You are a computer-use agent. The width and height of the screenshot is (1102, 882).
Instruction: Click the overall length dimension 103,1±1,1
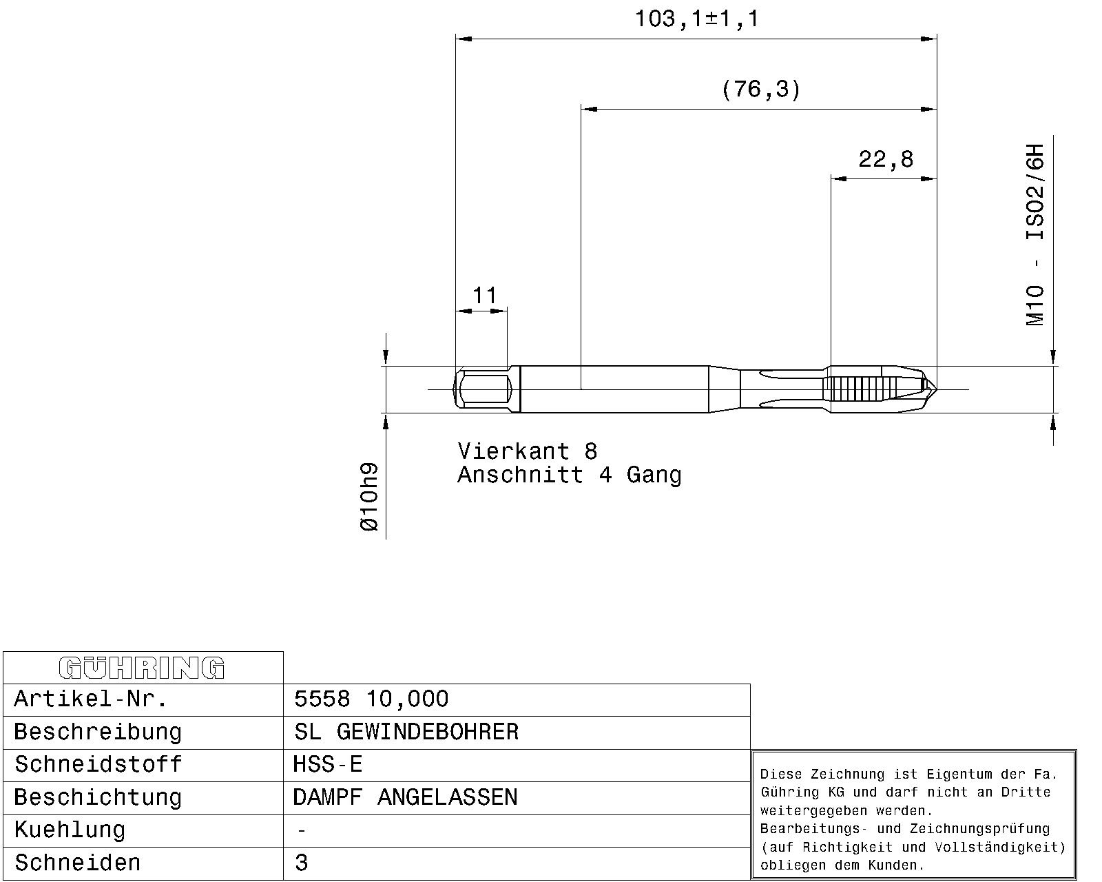coord(696,19)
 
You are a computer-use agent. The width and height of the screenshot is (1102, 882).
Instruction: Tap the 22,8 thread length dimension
coord(886,159)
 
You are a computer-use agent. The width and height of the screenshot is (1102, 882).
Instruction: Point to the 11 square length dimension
coord(484,296)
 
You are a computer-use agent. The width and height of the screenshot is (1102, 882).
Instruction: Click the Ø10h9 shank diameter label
coord(369,497)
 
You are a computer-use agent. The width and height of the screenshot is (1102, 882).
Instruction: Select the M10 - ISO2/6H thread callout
coord(1035,235)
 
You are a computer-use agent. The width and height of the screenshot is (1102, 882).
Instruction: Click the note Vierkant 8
coord(528,451)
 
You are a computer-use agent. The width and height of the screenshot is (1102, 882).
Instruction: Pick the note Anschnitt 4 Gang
coord(570,475)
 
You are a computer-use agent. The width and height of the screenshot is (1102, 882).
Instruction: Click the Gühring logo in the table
coord(142,668)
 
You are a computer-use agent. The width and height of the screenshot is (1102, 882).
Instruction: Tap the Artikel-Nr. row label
coord(91,699)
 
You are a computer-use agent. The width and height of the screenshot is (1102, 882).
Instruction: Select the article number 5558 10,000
coord(371,699)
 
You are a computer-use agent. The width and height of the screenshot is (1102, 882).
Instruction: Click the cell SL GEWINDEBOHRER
coord(406,732)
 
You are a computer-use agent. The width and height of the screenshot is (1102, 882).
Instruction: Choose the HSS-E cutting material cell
coord(328,765)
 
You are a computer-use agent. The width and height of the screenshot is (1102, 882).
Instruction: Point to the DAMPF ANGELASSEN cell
coord(405,797)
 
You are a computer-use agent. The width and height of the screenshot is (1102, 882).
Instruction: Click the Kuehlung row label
coord(70,830)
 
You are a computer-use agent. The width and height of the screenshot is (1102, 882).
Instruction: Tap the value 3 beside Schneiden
coord(302,863)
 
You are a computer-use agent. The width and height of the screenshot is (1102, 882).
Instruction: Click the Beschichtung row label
coord(98,798)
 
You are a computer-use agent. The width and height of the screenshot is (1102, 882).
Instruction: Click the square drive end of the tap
coord(483,389)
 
